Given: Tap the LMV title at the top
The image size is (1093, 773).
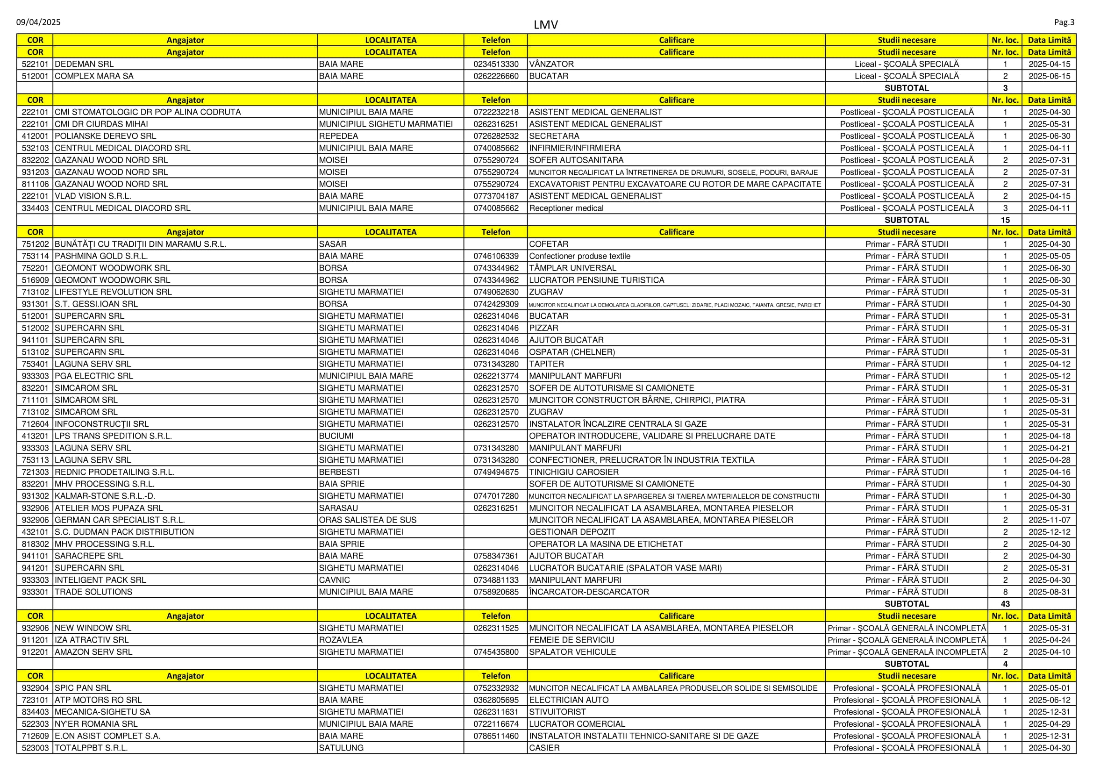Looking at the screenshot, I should point(545,25).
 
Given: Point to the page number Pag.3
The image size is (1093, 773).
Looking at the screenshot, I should point(1064,22).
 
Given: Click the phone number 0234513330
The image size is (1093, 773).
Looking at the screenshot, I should point(495,64).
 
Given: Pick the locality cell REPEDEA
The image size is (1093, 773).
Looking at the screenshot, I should point(338,136).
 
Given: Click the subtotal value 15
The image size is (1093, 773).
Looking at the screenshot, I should point(1005,220).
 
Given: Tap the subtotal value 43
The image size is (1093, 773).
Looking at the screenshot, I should point(1005,604).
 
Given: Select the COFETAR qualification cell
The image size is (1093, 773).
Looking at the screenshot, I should point(549,244).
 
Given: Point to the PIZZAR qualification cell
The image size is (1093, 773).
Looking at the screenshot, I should point(543,328).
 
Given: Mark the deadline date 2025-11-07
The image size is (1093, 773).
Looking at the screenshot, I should point(1049,520).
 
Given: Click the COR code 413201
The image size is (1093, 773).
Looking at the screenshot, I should point(35,436).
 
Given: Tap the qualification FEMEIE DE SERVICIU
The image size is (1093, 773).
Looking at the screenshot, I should point(572,640).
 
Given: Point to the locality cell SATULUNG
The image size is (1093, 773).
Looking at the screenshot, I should point(341,748).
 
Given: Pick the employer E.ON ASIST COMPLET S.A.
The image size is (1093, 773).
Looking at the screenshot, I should point(107,736).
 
